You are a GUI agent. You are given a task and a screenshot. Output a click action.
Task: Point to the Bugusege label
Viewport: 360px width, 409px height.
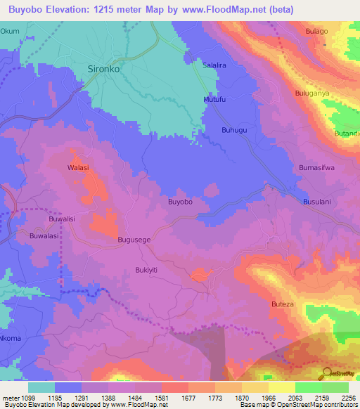[134, 240]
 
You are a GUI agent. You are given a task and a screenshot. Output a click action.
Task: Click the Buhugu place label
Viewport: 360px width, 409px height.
[235, 130]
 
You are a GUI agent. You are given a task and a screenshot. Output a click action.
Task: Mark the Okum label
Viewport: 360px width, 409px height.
[10, 32]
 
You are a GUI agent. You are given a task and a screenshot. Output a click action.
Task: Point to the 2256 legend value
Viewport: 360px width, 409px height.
[348, 397]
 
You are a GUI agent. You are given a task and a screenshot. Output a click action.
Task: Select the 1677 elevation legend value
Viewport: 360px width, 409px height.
[188, 397]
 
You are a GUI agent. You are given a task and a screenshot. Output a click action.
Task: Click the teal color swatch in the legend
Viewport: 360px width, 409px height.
[41, 387]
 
